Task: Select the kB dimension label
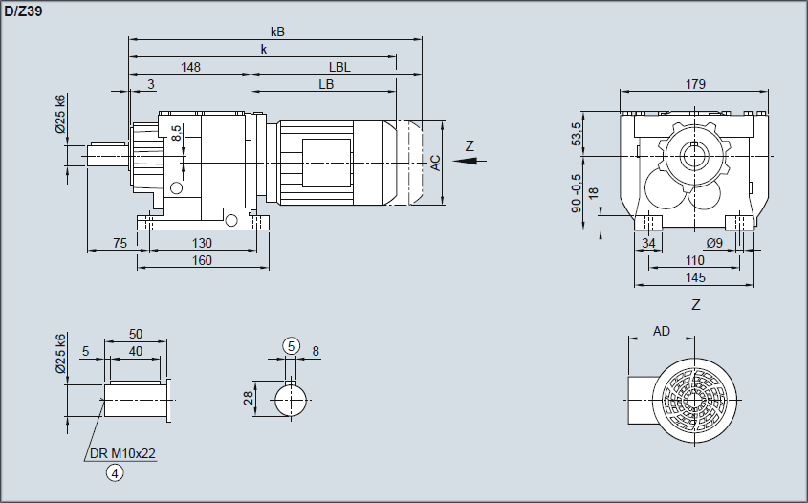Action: [x=277, y=32]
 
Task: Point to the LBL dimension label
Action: [x=339, y=67]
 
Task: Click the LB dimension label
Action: [x=326, y=84]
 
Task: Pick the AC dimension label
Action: [x=435, y=163]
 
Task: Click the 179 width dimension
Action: [x=695, y=84]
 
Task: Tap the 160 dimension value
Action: [x=201, y=261]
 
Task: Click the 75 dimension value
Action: [x=120, y=244]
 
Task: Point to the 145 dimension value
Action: [x=695, y=277]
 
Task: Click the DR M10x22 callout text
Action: [x=123, y=453]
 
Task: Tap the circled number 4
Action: [x=115, y=472]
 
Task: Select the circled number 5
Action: [x=291, y=345]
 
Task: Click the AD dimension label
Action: [x=661, y=331]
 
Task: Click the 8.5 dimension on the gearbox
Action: [x=176, y=133]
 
